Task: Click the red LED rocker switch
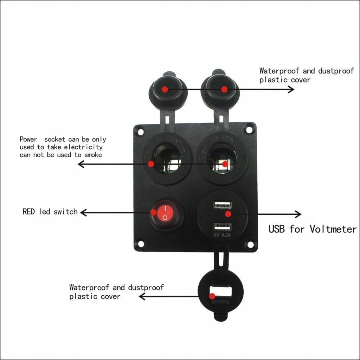click(x=165, y=214)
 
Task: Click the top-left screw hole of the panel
click(x=141, y=132)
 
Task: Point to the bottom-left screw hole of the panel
click(x=140, y=243)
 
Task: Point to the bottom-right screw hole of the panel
click(x=250, y=244)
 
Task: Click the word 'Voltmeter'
click(x=333, y=229)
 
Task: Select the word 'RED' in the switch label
click(x=28, y=212)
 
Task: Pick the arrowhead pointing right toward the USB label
click(x=298, y=214)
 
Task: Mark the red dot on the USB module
click(x=228, y=214)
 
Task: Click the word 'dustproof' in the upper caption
click(x=336, y=71)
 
